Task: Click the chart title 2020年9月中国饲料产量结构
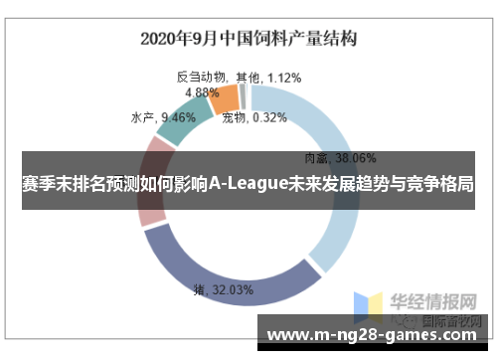(x=248, y=39)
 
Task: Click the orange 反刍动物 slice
(x=225, y=98)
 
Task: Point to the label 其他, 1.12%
(x=268, y=77)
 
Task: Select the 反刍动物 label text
(x=202, y=77)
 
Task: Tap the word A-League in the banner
(x=248, y=185)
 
